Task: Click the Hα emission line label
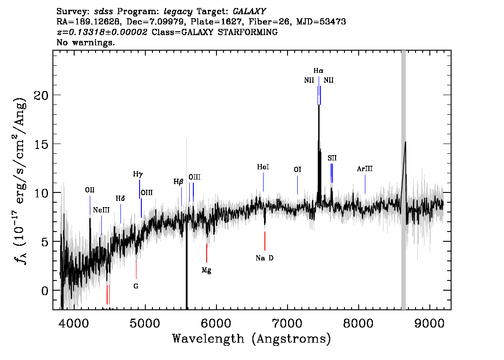tap(319, 71)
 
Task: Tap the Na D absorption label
tap(264, 258)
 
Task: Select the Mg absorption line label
tap(206, 270)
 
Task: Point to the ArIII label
tap(365, 169)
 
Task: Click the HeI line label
tap(263, 167)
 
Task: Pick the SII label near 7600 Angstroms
tap(332, 158)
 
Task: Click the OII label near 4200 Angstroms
tap(90, 190)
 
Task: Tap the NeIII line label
tap(101, 210)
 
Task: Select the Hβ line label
tap(178, 182)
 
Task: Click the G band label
tap(136, 286)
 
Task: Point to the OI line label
tap(297, 169)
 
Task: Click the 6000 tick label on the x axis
tap(216, 324)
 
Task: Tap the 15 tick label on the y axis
tap(41, 144)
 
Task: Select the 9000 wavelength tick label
tap(429, 324)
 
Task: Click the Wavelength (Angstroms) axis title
tap(252, 339)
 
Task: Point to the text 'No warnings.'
tap(85, 42)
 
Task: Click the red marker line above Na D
tap(265, 241)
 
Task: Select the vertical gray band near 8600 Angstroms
tap(404, 180)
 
